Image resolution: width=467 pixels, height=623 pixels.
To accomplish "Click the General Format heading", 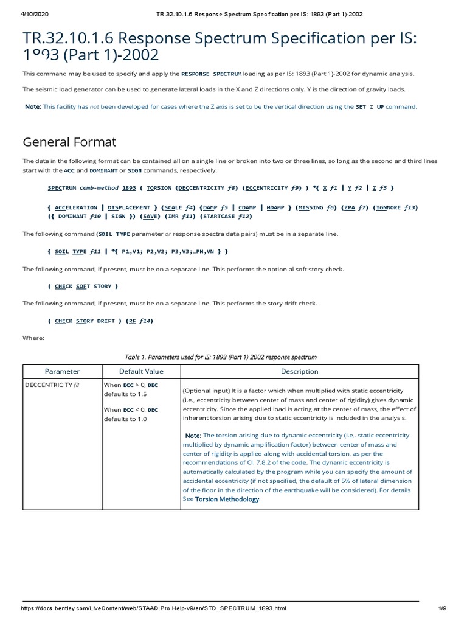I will tap(69, 142).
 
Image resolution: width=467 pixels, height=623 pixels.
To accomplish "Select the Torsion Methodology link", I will tap(227, 499).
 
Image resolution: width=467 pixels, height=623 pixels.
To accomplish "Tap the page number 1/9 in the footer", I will tap(441, 608).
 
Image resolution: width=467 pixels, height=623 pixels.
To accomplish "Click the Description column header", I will tap(299, 371).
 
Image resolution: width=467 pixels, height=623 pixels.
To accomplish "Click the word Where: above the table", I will tap(33, 338).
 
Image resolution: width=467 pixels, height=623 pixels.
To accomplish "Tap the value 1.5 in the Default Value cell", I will tap(141, 394).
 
